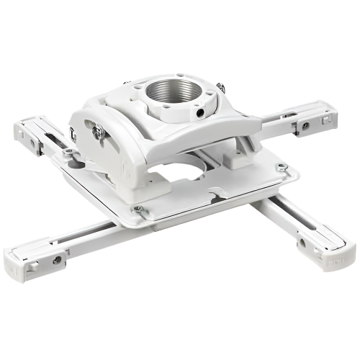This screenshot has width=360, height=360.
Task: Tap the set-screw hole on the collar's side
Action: pyautogui.click(x=198, y=112)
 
